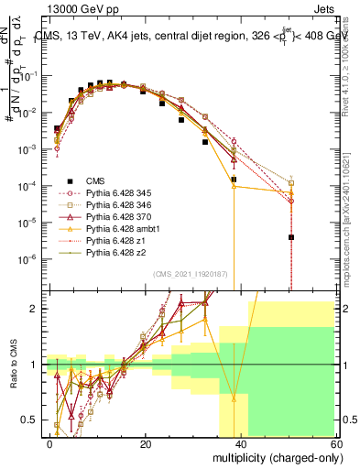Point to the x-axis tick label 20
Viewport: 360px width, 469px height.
click(x=146, y=443)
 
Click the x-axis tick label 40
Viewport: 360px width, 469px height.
click(x=242, y=443)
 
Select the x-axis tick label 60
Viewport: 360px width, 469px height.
click(x=337, y=443)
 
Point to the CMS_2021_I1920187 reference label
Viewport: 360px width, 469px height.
click(x=191, y=274)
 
